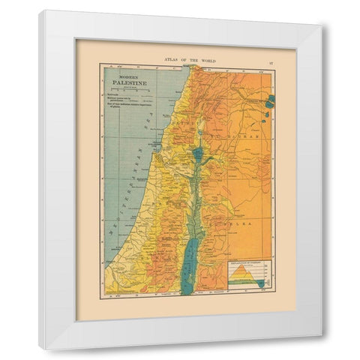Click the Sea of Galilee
[198, 154]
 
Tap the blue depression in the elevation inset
[259, 283]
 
